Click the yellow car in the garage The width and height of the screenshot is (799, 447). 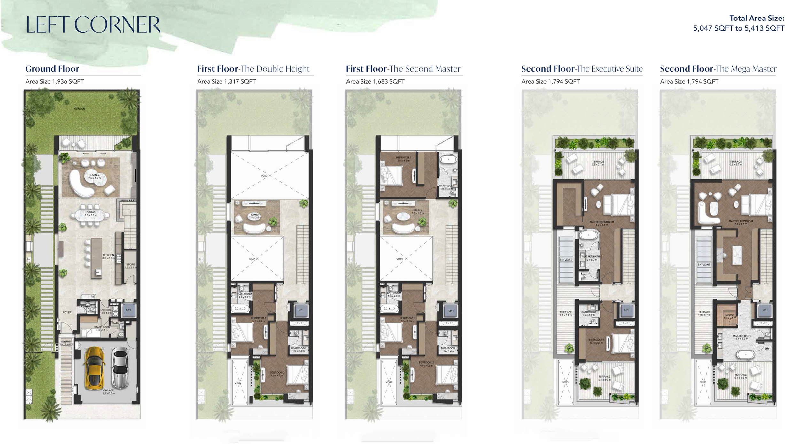coord(94,368)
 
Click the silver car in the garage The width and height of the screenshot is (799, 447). coord(120,368)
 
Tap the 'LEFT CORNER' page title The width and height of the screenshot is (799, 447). coord(93,25)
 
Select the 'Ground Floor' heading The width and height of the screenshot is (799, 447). coord(52,69)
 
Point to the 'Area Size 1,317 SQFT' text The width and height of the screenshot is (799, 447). coord(226,81)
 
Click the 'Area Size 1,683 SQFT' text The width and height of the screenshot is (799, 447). coord(375,81)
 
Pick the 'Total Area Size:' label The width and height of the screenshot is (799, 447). coord(756,19)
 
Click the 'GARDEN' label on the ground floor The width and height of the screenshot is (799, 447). coord(80,109)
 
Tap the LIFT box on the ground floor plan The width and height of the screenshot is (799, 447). coord(129,310)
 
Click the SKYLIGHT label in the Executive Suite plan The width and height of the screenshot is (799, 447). coord(566,260)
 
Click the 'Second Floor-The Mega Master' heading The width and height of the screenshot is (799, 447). coord(718,69)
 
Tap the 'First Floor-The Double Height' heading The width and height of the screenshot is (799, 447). coord(253,69)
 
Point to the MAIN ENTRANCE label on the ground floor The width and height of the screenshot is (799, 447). coord(66,343)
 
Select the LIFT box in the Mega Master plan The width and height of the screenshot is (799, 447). coord(765,310)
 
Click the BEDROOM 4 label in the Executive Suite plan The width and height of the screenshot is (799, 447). coord(596,341)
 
